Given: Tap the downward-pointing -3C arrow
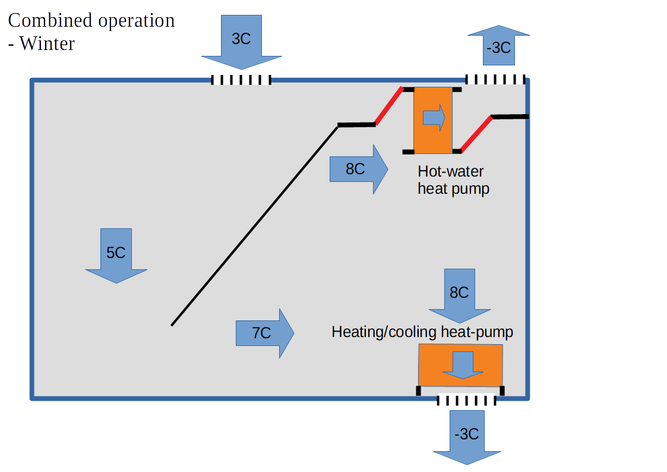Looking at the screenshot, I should click(x=466, y=437).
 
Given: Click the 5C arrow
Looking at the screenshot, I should click(x=116, y=254).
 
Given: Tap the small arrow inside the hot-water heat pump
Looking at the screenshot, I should click(x=434, y=117).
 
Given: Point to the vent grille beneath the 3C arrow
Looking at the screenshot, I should click(x=241, y=80).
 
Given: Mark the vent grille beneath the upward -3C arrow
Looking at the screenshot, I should click(x=495, y=79).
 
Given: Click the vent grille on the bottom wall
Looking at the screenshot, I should click(x=466, y=400).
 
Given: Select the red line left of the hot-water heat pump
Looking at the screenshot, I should click(x=389, y=106).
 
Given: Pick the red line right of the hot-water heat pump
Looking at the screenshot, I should click(x=476, y=134).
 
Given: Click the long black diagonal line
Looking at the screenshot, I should click(x=254, y=225).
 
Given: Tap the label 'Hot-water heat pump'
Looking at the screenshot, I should click(x=453, y=180).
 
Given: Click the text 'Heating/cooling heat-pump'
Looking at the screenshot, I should click(x=422, y=332).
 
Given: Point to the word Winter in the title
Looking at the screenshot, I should click(x=47, y=43).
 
